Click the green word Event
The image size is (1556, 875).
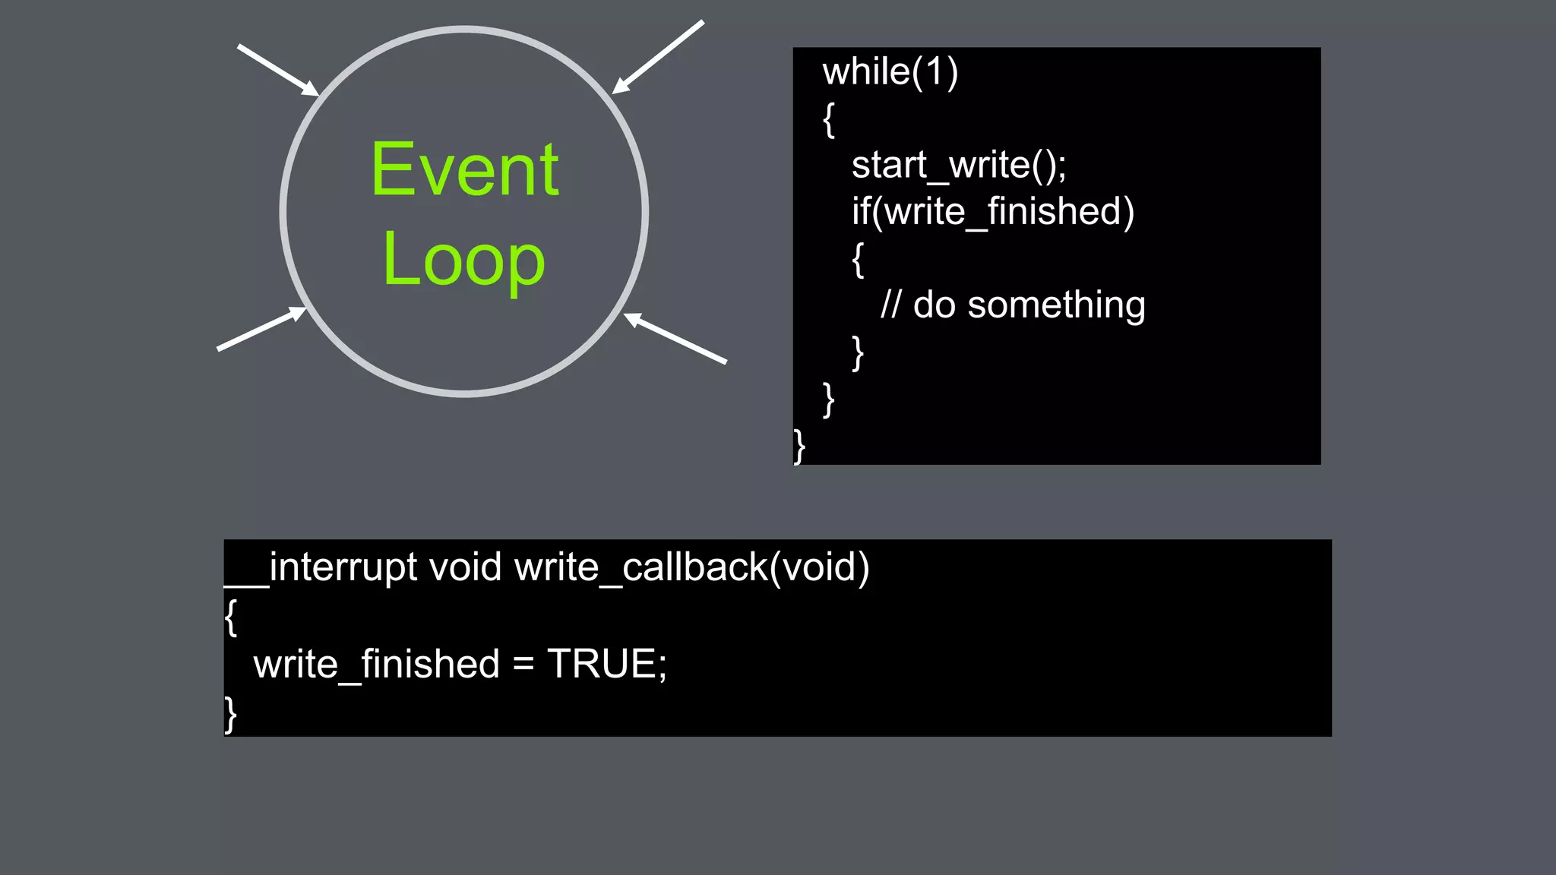(465, 170)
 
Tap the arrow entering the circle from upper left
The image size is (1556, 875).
(277, 70)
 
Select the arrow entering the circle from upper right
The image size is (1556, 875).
(658, 57)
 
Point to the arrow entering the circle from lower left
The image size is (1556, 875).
(261, 329)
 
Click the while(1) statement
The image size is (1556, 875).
(890, 72)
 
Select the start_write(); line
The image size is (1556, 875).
(959, 165)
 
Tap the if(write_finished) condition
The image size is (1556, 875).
(992, 211)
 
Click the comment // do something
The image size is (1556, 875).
(1012, 305)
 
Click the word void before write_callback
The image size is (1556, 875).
(465, 567)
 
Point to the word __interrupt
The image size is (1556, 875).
(321, 568)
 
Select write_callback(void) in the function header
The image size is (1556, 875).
(691, 568)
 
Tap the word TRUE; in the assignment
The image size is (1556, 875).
(606, 664)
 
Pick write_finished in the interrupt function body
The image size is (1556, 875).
(376, 665)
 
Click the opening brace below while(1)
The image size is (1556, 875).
(829, 120)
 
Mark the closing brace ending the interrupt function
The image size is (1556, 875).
(230, 714)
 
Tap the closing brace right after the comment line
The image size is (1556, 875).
(858, 353)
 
